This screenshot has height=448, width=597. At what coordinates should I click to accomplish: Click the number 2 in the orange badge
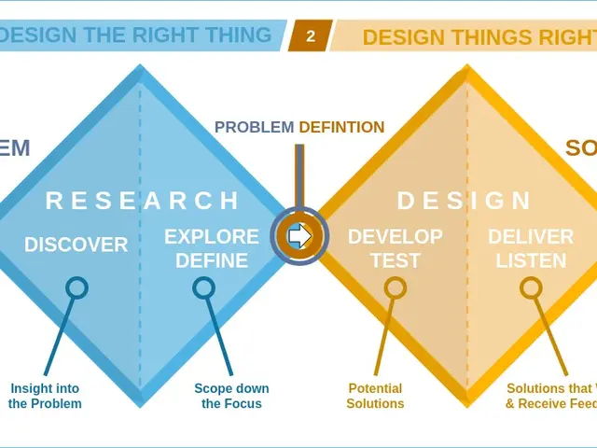pos(311,37)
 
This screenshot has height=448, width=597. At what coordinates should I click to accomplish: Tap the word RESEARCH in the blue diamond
pos(143,201)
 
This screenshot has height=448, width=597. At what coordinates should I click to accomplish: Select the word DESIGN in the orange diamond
pos(465,201)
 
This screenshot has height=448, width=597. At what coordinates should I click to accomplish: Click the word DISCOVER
pos(76,245)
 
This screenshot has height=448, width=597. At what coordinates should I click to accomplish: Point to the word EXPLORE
pos(212,237)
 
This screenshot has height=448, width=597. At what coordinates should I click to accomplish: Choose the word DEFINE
pos(212,260)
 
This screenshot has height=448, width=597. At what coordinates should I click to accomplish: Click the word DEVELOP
pos(396,237)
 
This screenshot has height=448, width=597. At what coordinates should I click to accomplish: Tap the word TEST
pos(396,260)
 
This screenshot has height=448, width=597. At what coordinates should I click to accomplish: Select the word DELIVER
pos(531,237)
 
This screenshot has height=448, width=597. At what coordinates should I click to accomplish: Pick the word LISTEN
pos(531,260)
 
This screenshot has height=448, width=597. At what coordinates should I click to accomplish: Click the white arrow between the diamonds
pos(299,237)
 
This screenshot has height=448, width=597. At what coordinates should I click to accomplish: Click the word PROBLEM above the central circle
pos(254,128)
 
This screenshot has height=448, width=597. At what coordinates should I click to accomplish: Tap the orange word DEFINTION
pos(341,128)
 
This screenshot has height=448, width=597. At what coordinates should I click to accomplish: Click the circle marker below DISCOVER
pos(76,288)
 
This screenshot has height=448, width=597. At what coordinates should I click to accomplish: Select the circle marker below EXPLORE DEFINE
pos(203,288)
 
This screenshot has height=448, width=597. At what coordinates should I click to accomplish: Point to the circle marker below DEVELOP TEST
pos(396,288)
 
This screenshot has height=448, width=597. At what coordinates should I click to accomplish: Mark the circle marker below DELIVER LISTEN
pos(531,288)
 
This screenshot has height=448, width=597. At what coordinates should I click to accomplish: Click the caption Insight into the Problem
pos(45,397)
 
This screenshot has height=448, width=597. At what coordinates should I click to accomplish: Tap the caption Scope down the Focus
pos(231,397)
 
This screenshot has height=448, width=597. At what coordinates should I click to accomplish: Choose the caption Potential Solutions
pos(375,397)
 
